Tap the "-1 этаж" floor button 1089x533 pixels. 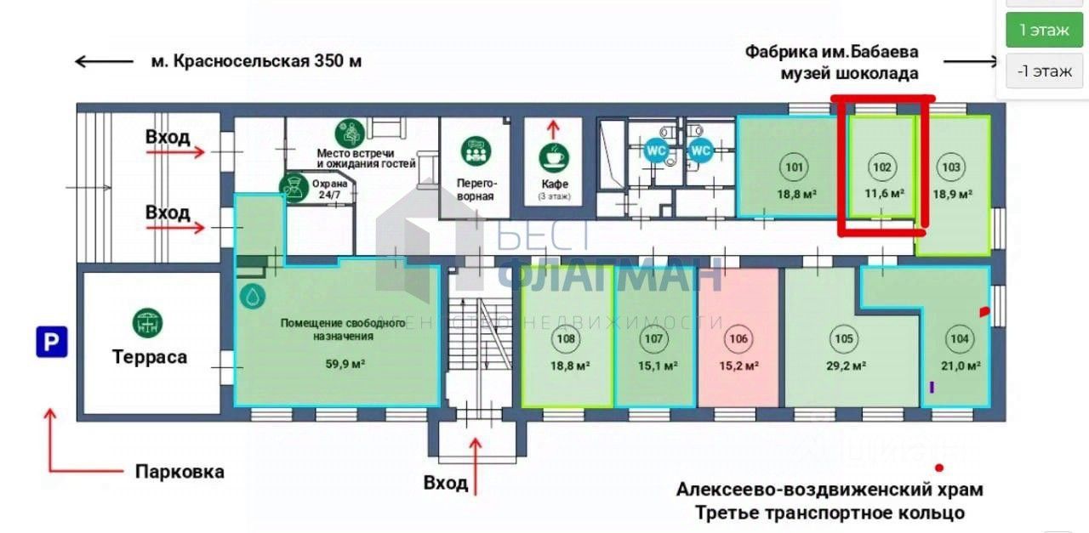(1044, 71)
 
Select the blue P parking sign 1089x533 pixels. (51, 343)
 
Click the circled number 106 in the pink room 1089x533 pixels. (738, 339)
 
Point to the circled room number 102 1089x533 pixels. (882, 167)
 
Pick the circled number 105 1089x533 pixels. (843, 339)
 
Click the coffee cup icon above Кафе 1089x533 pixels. (553, 156)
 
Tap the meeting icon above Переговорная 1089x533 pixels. (476, 151)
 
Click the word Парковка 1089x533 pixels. (180, 471)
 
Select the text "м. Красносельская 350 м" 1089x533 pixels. (255, 61)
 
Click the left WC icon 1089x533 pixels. (656, 150)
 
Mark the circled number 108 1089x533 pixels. (566, 339)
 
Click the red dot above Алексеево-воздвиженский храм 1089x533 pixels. (939, 468)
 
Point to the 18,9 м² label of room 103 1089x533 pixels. (951, 194)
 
